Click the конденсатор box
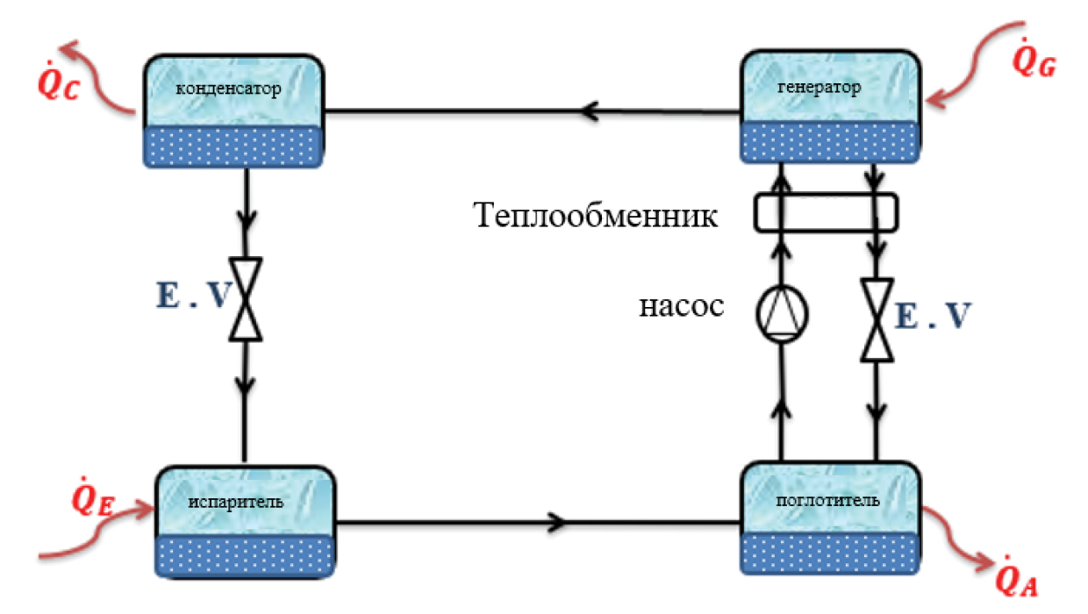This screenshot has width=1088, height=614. point(232,111)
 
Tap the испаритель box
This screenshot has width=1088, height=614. point(246,521)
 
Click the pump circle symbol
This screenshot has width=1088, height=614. point(782,313)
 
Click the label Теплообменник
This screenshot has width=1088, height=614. point(596,215)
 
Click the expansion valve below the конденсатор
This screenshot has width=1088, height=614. point(247,298)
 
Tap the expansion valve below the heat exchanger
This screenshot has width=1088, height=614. point(875,319)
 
